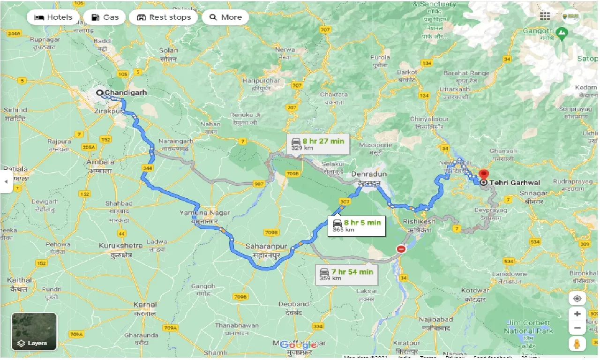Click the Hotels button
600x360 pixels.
53,17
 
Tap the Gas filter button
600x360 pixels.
105,17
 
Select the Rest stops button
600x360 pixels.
164,17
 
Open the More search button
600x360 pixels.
225,17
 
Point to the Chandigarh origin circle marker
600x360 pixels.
100,93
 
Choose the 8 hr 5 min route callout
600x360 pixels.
356,225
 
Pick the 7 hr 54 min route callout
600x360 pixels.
347,274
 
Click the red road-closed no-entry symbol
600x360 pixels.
401,249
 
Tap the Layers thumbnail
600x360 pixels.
34,332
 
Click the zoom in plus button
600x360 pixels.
577,314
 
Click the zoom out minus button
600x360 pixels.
577,328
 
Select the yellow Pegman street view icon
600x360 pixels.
577,344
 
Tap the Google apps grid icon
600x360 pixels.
545,16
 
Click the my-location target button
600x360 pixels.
577,299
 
